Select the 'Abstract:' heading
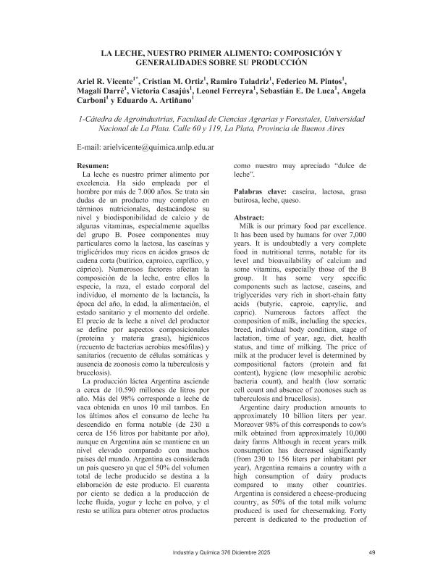point(252,217)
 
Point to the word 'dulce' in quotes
point(353,166)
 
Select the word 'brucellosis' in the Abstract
point(299,398)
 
